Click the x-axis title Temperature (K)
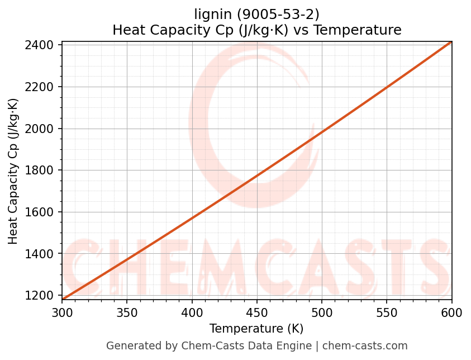(x=256, y=329)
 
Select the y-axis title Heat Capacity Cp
(x=13, y=171)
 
